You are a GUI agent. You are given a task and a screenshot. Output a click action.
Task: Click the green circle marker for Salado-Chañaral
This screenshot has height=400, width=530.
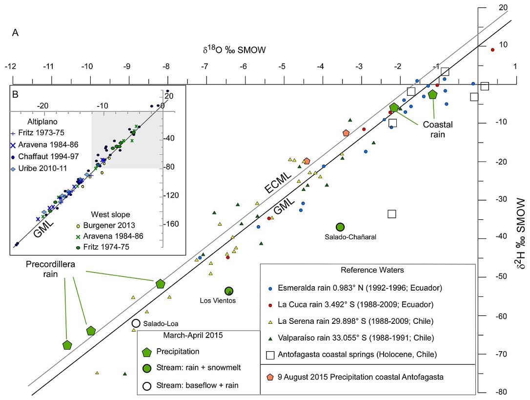pyautogui.click(x=340, y=227)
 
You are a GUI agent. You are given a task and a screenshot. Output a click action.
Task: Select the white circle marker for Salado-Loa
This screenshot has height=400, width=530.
pyautogui.click(x=136, y=323)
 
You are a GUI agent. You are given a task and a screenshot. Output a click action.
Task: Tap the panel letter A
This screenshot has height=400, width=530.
pyautogui.click(x=15, y=33)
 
